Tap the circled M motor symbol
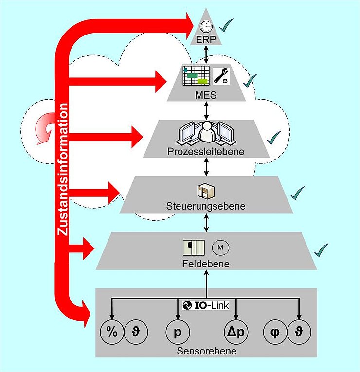[x=220, y=248]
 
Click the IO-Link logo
[x=207, y=305]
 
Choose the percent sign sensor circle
[x=112, y=333]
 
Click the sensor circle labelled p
[x=176, y=333]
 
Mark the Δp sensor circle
[x=236, y=333]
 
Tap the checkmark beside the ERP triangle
[x=226, y=23]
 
